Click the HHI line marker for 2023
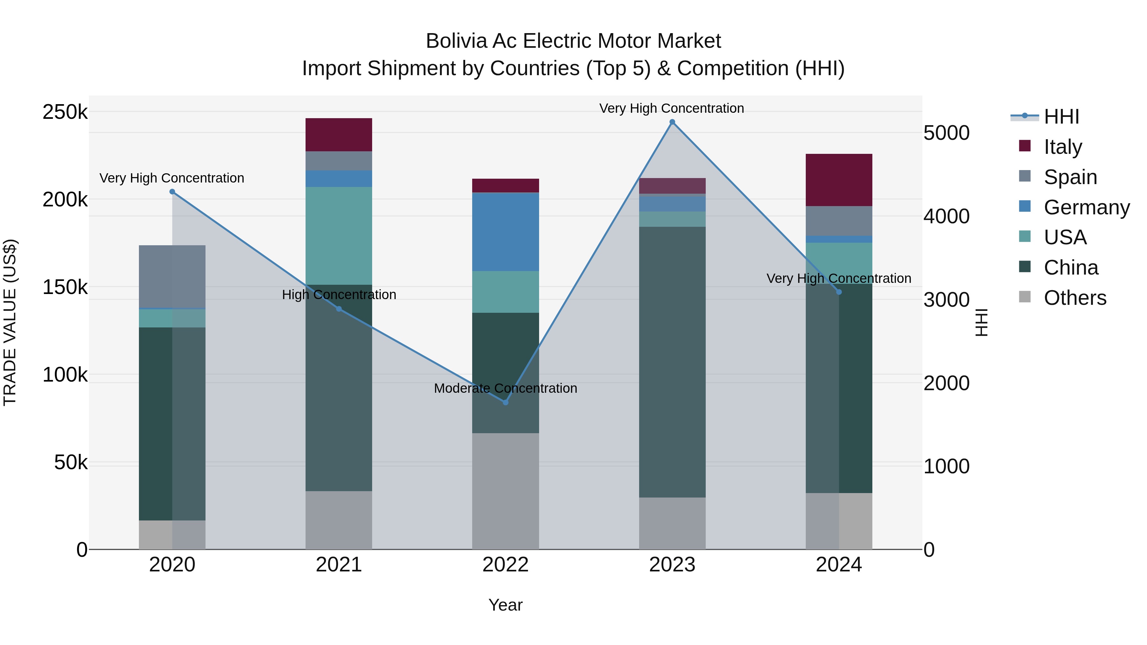672,122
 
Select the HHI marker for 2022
505,402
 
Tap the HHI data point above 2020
172,192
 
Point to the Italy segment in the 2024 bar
839,180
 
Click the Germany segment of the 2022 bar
505,232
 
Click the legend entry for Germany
1086,207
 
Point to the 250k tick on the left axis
65,112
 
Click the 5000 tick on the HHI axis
946,133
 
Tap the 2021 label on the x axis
339,565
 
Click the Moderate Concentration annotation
505,388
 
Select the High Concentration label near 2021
339,295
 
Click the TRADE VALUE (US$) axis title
10,322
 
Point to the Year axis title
505,605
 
